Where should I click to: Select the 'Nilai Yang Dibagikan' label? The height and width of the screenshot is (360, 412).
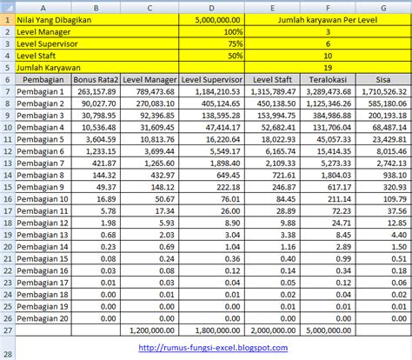54,17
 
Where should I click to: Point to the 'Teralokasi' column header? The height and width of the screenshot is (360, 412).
327,78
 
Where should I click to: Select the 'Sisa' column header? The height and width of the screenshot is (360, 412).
383,78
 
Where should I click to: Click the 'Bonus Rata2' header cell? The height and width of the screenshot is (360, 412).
96,78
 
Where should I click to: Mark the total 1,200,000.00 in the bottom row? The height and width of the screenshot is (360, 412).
152,330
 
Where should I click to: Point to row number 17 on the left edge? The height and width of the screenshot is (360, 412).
6,283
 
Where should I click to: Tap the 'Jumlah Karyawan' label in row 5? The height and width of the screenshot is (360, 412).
44,66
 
